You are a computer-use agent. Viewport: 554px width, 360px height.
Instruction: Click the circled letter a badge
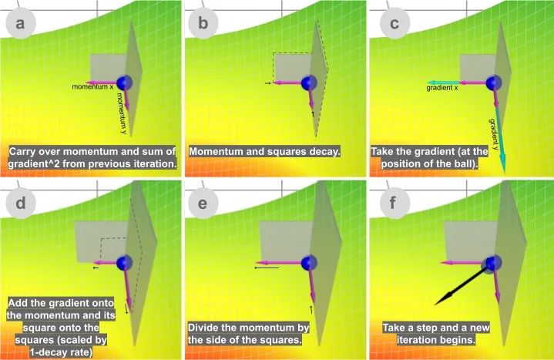tap(21, 23)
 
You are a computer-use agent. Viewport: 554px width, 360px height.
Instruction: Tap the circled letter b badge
tap(203, 23)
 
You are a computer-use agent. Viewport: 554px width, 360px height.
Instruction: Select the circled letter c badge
tap(395, 23)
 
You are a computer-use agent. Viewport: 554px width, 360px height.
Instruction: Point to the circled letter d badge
tap(21, 204)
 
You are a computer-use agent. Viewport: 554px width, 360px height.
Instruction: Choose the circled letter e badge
tap(203, 204)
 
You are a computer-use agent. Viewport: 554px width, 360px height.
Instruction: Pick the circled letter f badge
tap(395, 204)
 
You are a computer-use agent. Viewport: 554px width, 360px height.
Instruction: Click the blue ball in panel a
tap(124, 82)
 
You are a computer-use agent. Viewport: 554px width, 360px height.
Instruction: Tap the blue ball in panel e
tap(309, 262)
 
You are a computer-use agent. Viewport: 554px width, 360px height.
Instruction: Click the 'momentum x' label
tap(92, 87)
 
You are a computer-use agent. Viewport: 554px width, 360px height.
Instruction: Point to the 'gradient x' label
tap(442, 88)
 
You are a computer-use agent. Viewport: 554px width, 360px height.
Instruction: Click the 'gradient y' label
tap(494, 134)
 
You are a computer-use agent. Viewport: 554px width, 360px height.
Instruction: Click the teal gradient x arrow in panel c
tap(443, 82)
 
